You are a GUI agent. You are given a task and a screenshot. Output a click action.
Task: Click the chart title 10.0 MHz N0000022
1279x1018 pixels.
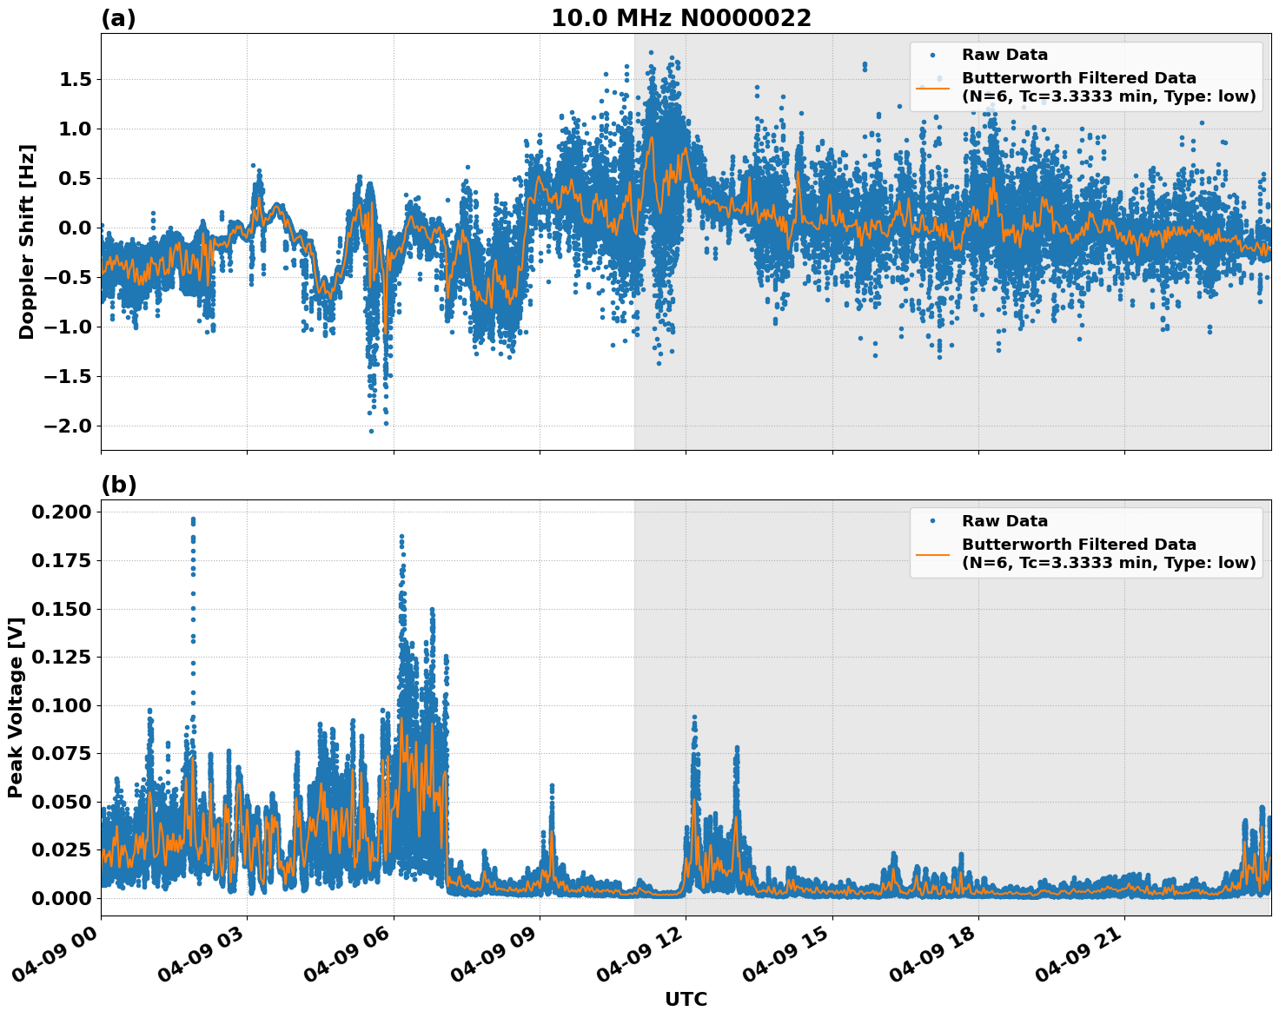pyautogui.click(x=680, y=18)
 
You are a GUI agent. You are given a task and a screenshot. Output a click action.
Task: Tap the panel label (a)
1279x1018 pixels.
pyautogui.click(x=118, y=18)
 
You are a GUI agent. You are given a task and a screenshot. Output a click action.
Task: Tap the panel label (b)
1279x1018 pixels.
pyautogui.click(x=118, y=485)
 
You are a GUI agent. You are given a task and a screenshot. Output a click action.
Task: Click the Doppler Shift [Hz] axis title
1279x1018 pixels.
pyautogui.click(x=27, y=241)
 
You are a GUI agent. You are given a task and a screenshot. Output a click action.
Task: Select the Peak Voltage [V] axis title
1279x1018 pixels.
pyautogui.click(x=15, y=708)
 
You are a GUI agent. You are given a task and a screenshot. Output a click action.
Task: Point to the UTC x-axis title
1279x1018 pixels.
pyautogui.click(x=686, y=1000)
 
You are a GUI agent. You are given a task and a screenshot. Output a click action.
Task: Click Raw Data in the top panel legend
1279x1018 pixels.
pyautogui.click(x=1004, y=55)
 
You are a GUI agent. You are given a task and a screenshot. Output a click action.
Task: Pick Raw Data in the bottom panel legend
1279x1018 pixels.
pyautogui.click(x=1004, y=521)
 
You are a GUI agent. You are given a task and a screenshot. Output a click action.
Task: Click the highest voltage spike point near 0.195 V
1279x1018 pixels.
pyautogui.click(x=193, y=519)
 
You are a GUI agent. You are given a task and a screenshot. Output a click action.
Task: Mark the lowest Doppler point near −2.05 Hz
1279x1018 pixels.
pyautogui.click(x=371, y=431)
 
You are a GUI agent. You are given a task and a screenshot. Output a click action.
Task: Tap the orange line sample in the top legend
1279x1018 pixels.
pyautogui.click(x=932, y=87)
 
